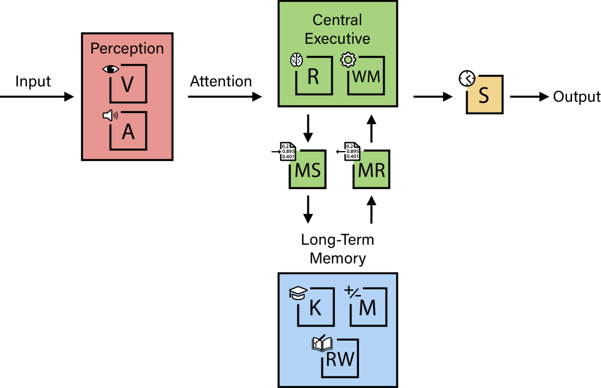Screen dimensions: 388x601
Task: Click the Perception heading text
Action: pos(127,48)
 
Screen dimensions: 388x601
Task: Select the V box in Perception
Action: pos(128,84)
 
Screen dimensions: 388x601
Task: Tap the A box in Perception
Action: pos(128,132)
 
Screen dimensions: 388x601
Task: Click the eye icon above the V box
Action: pos(111,69)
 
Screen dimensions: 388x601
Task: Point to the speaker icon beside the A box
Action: pos(110,115)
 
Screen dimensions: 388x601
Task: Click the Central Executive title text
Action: pos(337,29)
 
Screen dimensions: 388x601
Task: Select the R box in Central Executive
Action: pos(314,76)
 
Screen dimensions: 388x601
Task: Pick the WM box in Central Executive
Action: pos(367,76)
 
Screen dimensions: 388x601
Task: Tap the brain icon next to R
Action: pos(296,60)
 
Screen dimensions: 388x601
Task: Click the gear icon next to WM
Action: pos(348,59)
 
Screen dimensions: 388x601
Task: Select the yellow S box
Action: pos(484,95)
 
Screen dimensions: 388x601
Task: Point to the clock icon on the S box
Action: pos(467,79)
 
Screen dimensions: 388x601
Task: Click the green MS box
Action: pos(307,169)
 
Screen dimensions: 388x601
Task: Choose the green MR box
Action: pos(372,169)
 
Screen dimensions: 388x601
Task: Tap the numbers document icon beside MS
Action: pos(287,151)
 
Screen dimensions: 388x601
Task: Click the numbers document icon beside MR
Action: pos(351,151)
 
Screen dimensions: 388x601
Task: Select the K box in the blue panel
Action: pos(316,307)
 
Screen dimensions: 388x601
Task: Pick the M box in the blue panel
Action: pos(368,307)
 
